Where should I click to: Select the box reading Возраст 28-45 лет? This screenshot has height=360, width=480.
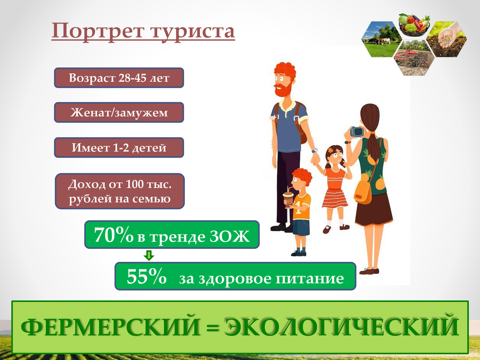pyautogui.click(x=119, y=78)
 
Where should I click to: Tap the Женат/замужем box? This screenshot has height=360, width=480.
pyautogui.click(x=119, y=112)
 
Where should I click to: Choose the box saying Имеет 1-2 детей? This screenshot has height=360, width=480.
pyautogui.click(x=119, y=148)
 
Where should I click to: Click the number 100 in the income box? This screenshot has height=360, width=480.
pyautogui.click(x=135, y=184)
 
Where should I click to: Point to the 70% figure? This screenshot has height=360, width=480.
pyautogui.click(x=113, y=235)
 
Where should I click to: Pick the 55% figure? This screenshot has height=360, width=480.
pyautogui.click(x=146, y=276)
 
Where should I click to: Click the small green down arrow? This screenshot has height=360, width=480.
pyautogui.click(x=149, y=255)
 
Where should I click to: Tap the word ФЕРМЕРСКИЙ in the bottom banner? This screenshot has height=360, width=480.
pyautogui.click(x=110, y=327)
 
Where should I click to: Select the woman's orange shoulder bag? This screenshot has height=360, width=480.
pyautogui.click(x=363, y=192)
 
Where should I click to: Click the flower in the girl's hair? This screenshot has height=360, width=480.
pyautogui.click(x=330, y=150)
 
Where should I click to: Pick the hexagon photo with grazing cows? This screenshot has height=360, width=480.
pyautogui.click(x=381, y=39)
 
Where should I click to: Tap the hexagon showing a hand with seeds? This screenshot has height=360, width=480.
pyautogui.click(x=447, y=39)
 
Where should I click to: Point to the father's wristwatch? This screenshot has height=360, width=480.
pyautogui.click(x=315, y=150)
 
